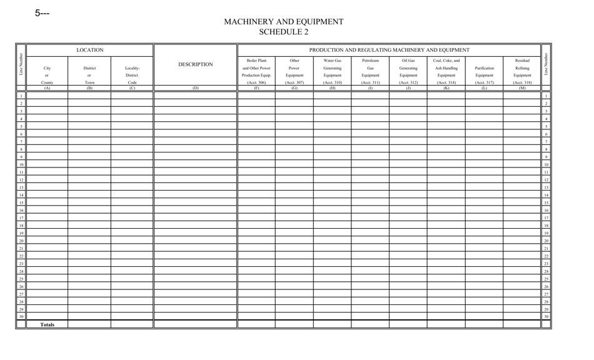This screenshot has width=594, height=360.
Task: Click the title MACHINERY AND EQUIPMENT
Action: click(x=283, y=22)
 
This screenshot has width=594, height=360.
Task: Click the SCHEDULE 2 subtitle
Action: click(x=283, y=32)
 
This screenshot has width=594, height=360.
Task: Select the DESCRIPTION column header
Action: click(x=196, y=64)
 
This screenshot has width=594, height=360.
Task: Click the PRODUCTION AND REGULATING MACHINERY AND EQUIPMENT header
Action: click(x=389, y=50)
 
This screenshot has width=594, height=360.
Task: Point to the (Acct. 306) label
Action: click(x=256, y=82)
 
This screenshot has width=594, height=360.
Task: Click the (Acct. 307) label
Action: click(x=294, y=82)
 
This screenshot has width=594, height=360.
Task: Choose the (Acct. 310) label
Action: click(x=332, y=82)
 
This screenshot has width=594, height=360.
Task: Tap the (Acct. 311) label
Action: click(x=370, y=82)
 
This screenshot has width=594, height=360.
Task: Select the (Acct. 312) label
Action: click(x=408, y=82)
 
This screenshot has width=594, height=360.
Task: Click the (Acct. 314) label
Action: click(x=446, y=82)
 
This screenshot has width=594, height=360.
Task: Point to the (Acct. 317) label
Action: click(x=484, y=82)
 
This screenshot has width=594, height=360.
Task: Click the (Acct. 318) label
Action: click(x=522, y=82)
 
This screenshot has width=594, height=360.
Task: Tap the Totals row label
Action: click(x=47, y=325)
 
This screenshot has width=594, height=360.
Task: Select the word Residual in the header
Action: click(x=522, y=61)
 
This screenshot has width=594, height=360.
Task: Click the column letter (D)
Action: click(x=196, y=88)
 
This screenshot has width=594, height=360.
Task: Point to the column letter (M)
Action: click(x=522, y=88)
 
